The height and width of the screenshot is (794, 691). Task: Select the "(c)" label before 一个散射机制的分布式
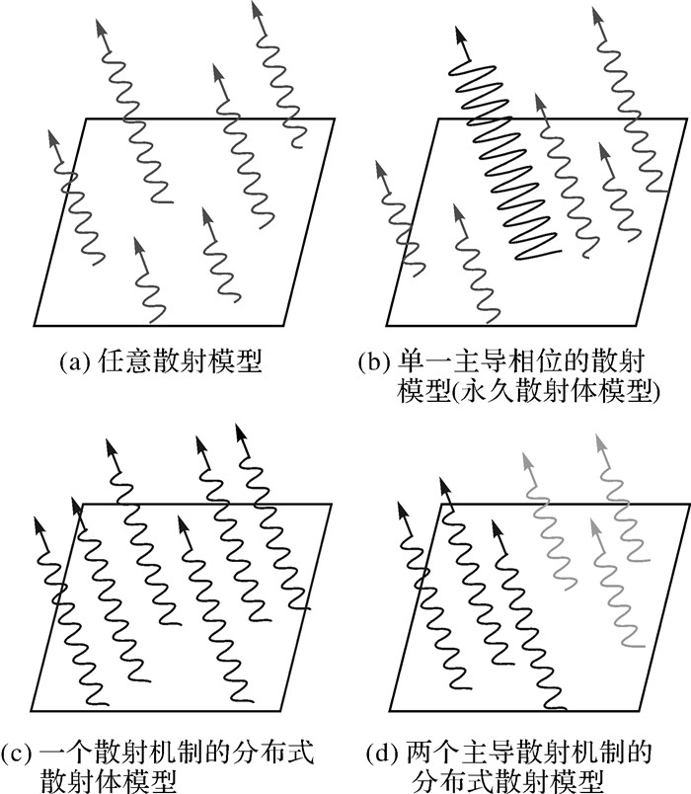click(22, 754)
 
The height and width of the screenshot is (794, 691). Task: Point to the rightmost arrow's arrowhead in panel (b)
click(595, 14)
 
